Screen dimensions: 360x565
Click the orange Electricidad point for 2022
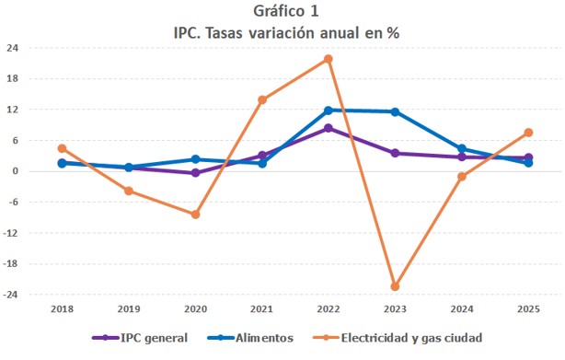pos(329,59)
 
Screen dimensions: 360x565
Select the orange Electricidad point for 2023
pos(395,286)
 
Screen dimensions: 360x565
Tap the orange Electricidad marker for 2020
pos(195,215)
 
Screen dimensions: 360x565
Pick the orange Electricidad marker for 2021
pos(262,99)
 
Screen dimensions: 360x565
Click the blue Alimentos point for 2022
pos(329,110)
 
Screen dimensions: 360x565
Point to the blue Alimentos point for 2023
pos(395,112)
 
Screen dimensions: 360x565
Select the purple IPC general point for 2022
pos(329,128)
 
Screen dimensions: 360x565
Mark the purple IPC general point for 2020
pos(195,173)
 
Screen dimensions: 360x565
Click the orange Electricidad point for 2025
pos(528,133)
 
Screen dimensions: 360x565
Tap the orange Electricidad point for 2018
pos(62,148)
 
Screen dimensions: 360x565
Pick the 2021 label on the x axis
pos(262,310)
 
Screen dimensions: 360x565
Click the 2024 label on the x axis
pos(462,310)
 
